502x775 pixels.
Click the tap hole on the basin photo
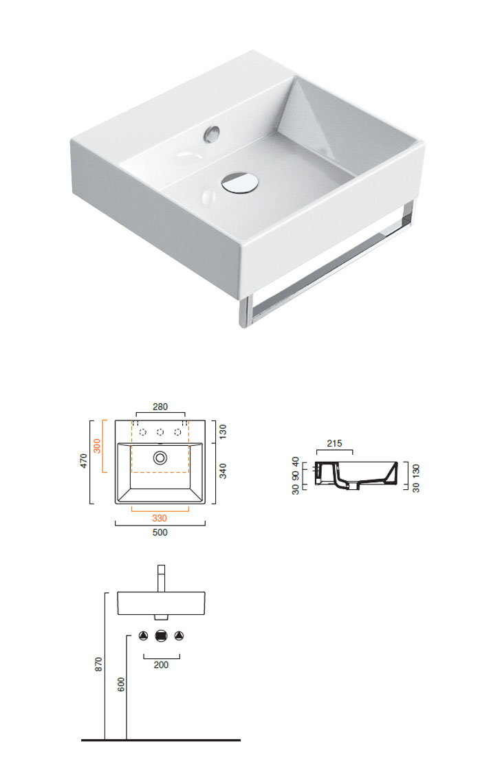[x=212, y=133]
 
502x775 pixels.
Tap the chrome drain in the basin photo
[x=239, y=182]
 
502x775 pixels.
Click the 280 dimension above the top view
[x=160, y=407]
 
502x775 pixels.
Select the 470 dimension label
[x=84, y=461]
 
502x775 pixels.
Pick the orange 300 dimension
[x=97, y=446]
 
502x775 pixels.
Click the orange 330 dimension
[x=160, y=518]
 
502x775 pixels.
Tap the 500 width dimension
[x=160, y=532]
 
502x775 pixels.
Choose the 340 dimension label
[x=223, y=471]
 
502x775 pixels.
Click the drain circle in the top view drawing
[x=160, y=458]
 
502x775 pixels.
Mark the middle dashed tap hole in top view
[x=160, y=432]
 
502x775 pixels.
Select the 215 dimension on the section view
[x=334, y=443]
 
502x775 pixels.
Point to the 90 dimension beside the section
[x=295, y=476]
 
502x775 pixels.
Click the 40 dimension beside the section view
[x=295, y=462]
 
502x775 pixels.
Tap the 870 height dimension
[x=99, y=664]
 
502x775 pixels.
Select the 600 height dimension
[x=121, y=684]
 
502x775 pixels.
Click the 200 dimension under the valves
[x=161, y=665]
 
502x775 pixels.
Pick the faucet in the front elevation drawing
[x=161, y=579]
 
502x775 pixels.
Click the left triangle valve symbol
[x=144, y=636]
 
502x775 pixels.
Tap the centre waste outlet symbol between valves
[x=161, y=636]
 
